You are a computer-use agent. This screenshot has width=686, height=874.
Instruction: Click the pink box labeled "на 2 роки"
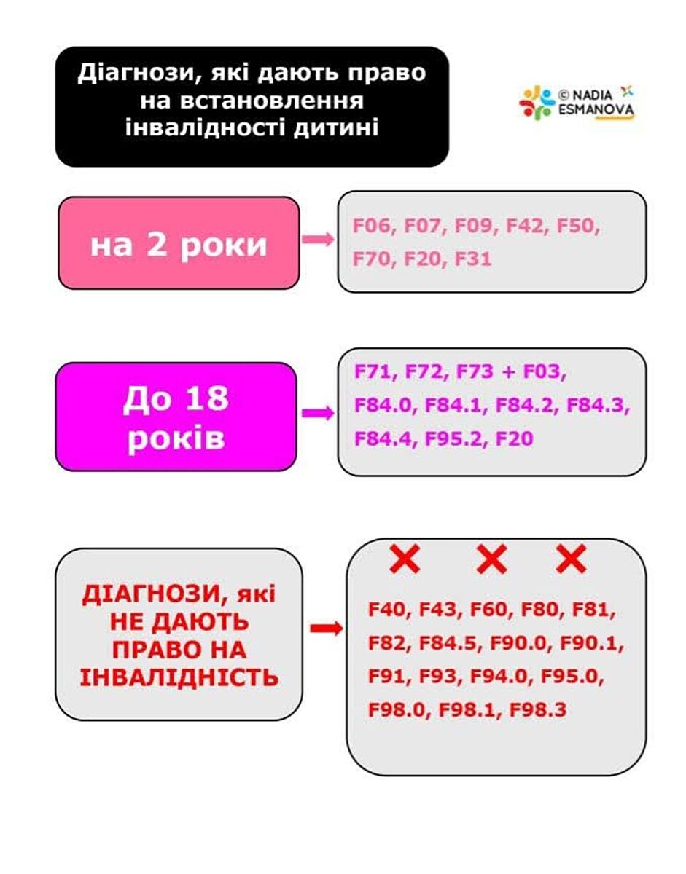click(x=179, y=243)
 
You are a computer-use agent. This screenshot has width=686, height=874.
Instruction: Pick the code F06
click(x=373, y=226)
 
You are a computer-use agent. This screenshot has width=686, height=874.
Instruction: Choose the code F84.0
click(x=383, y=406)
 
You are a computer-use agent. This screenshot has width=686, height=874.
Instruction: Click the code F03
click(x=544, y=373)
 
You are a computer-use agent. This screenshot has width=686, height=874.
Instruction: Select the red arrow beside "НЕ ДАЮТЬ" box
click(x=325, y=629)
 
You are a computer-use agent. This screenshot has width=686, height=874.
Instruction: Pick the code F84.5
click(x=448, y=644)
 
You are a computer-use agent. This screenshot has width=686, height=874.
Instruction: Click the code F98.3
click(x=537, y=709)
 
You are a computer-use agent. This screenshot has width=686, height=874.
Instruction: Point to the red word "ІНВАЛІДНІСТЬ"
click(x=179, y=677)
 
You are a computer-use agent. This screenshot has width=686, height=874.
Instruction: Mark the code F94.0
click(x=498, y=677)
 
